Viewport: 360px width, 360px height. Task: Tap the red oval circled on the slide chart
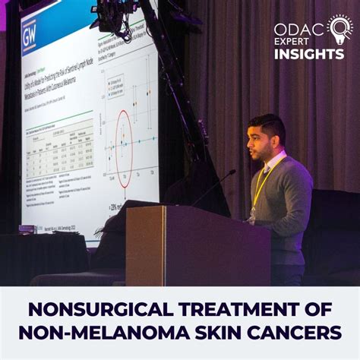pos(123,138)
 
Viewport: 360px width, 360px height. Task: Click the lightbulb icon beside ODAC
pos(339,28)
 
